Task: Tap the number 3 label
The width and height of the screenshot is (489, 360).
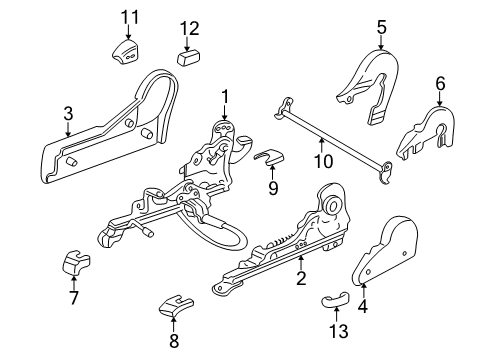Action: (67, 113)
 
